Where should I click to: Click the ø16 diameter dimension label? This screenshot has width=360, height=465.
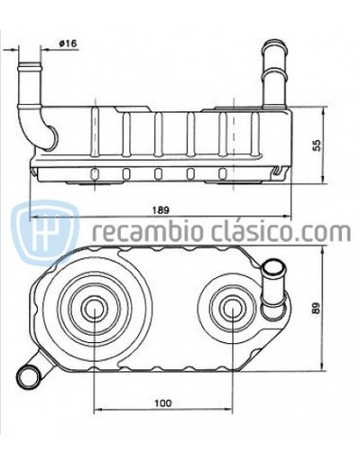[68, 43]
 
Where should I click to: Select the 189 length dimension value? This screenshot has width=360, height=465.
[161, 210]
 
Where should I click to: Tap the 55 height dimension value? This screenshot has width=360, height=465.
[317, 146]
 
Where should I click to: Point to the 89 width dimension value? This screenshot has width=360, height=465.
[317, 308]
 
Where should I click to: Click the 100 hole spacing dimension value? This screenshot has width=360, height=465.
[163, 403]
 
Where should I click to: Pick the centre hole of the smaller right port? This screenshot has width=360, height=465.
[232, 307]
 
